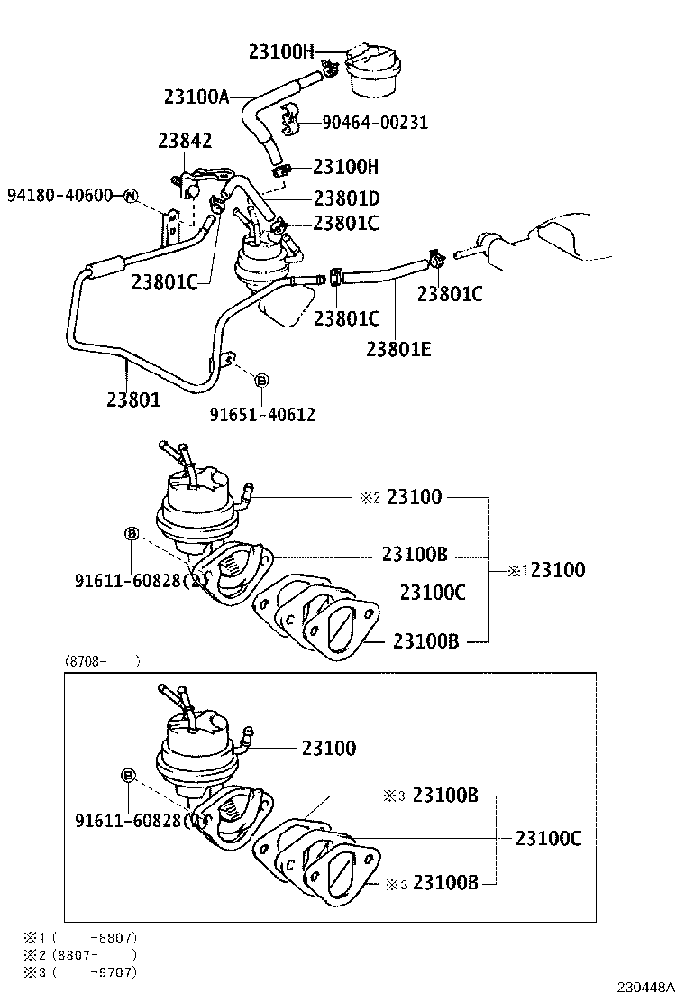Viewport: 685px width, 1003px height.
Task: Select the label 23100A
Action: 197,96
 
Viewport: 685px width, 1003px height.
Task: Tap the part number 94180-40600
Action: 59,195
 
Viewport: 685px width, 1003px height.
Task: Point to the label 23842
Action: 185,141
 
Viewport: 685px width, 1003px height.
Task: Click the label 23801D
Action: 347,198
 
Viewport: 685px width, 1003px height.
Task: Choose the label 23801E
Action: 398,347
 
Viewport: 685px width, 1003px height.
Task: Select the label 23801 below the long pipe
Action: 133,399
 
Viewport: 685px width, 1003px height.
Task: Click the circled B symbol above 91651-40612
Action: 261,381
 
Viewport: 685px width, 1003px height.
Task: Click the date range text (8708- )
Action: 102,661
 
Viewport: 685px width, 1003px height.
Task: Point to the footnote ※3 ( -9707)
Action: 81,971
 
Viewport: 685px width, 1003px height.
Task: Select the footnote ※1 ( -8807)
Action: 81,937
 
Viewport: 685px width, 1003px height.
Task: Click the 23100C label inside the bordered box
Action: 548,839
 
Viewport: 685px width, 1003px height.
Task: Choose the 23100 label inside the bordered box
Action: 329,748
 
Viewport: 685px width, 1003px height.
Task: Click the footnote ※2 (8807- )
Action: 81,954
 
